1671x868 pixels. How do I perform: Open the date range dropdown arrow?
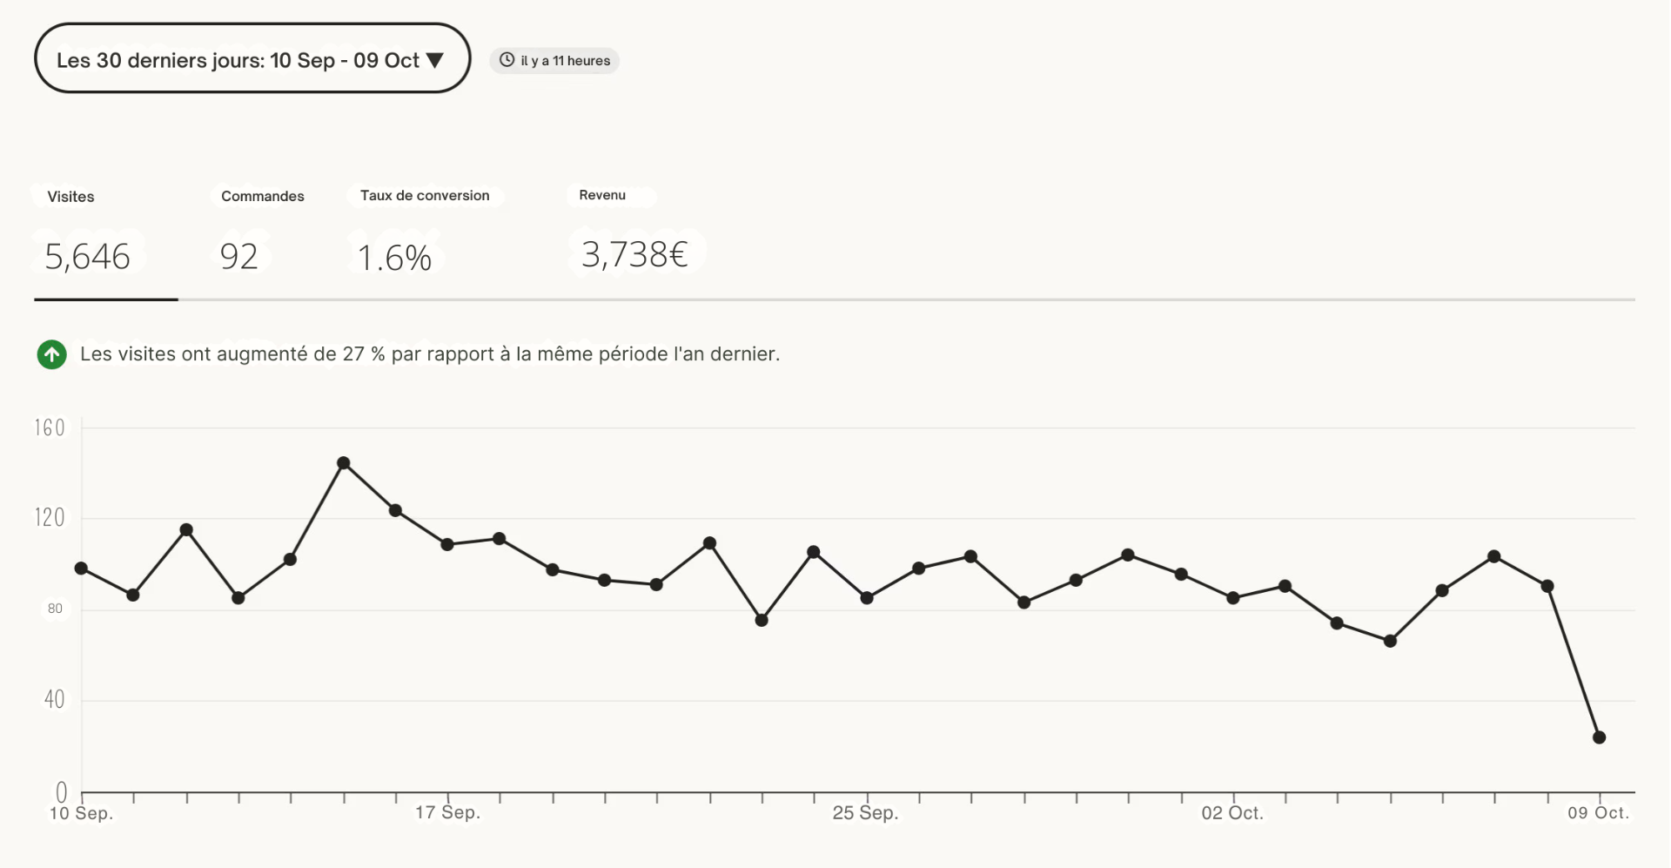click(435, 60)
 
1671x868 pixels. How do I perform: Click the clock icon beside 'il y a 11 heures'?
click(507, 60)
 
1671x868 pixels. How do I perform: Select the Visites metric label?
click(70, 197)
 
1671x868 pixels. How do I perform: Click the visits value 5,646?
click(87, 257)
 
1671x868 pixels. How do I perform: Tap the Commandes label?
click(262, 196)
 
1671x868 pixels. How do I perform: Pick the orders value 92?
click(239, 257)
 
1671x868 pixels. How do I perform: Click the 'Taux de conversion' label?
click(425, 196)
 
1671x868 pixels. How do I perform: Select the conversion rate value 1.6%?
click(394, 258)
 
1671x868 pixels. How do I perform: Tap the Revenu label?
click(602, 195)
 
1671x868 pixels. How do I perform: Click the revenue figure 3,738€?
click(634, 254)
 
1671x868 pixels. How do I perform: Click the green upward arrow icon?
click(52, 354)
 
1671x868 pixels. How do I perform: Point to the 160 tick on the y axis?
click(50, 427)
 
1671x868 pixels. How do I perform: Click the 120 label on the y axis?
click(50, 518)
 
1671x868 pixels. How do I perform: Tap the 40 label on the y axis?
click(54, 699)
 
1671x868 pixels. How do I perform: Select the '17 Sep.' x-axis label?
click(447, 812)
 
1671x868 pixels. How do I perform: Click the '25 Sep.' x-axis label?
click(865, 813)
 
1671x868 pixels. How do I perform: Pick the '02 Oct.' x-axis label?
click(1232, 813)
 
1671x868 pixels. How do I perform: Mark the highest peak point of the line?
click(344, 463)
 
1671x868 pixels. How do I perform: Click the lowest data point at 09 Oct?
click(1599, 737)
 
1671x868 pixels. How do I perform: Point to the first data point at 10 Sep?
click(81, 569)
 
